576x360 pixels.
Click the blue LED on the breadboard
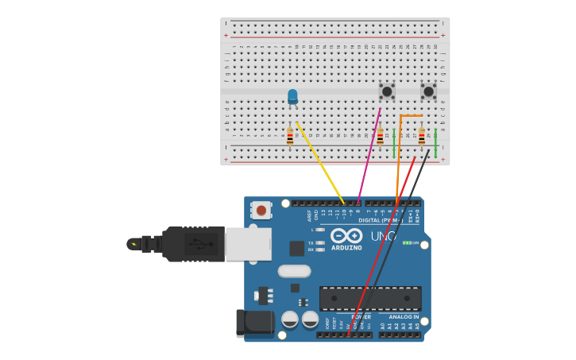[x=292, y=96]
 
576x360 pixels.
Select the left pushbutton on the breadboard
[x=387, y=91]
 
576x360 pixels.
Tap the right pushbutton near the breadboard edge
[x=428, y=91]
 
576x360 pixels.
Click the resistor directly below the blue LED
[x=290, y=137]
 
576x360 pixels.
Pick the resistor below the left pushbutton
[x=380, y=137]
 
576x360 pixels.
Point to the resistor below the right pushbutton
[x=421, y=137]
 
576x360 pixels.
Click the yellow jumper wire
[x=321, y=164]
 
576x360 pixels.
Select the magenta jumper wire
[x=369, y=155]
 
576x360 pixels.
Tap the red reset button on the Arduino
[x=260, y=210]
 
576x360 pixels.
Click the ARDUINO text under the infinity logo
[x=346, y=248]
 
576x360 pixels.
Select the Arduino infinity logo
[x=346, y=236]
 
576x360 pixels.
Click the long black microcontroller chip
[x=370, y=298]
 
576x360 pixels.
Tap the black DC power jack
[x=254, y=323]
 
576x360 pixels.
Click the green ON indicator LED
[x=407, y=242]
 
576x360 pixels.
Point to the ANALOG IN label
[x=404, y=317]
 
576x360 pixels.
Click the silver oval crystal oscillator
[x=294, y=271]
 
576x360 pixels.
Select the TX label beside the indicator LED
[x=311, y=242]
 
